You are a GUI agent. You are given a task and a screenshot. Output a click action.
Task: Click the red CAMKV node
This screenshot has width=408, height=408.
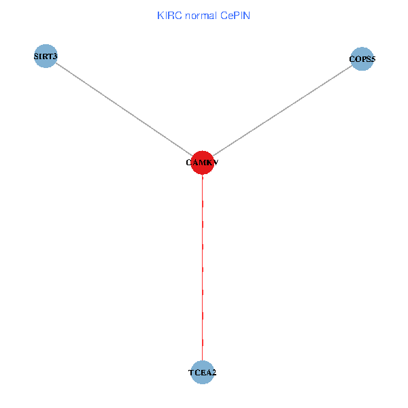click(x=202, y=163)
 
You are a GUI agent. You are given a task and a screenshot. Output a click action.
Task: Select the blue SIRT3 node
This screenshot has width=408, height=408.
click(x=45, y=56)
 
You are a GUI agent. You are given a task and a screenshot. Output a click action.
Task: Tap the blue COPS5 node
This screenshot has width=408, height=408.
click(x=362, y=59)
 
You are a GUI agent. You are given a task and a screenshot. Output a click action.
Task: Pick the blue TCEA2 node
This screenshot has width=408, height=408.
click(x=202, y=372)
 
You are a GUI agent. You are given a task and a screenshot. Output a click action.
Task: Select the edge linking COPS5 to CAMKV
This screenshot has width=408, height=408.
click(x=282, y=111)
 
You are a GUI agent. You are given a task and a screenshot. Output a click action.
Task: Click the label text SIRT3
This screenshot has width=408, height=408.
click(x=45, y=56)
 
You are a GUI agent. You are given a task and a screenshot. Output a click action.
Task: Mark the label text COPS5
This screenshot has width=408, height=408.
click(x=362, y=59)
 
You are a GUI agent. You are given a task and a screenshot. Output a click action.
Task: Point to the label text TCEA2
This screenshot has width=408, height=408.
click(x=202, y=373)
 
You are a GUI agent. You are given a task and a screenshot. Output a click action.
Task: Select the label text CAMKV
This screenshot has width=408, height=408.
click(x=202, y=163)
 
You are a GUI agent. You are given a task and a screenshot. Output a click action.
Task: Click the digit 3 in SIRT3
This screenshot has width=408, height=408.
click(x=54, y=56)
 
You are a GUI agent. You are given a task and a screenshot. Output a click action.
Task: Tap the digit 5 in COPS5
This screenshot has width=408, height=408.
click(x=373, y=59)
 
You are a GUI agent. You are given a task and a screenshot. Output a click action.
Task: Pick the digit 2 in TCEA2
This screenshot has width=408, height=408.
click(x=214, y=373)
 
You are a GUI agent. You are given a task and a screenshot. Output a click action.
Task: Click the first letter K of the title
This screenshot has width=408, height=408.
click(x=160, y=15)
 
